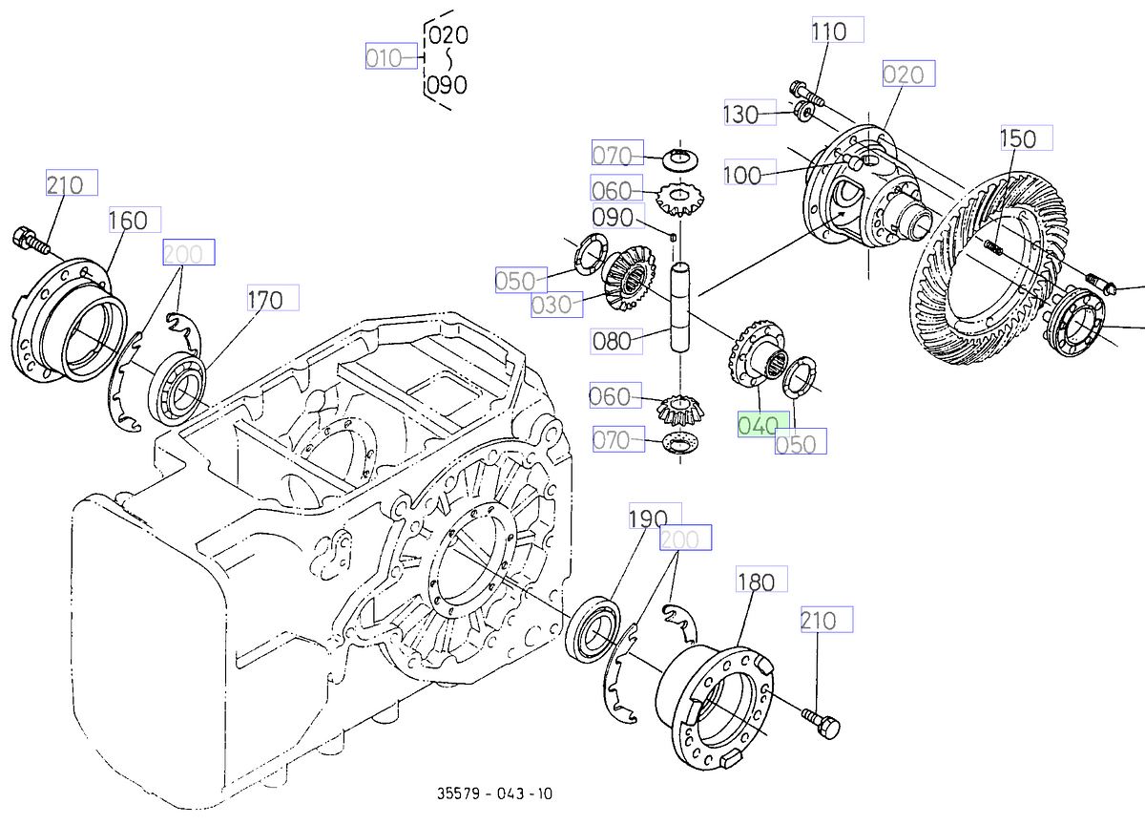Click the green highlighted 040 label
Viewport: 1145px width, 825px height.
point(762,426)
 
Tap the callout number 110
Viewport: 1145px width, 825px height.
point(828,32)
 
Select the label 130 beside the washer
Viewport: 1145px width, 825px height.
point(740,115)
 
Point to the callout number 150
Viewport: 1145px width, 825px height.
point(1017,139)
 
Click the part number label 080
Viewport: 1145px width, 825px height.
point(612,340)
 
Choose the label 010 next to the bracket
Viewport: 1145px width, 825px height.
point(384,57)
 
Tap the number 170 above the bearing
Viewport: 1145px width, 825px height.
point(264,300)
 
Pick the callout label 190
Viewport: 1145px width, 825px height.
point(648,518)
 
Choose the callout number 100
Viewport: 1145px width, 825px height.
point(742,176)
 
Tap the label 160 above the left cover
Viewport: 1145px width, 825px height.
point(127,221)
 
